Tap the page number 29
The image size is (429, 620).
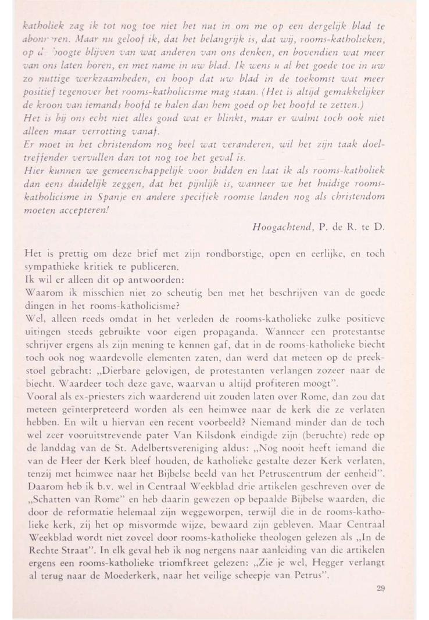(381, 588)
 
